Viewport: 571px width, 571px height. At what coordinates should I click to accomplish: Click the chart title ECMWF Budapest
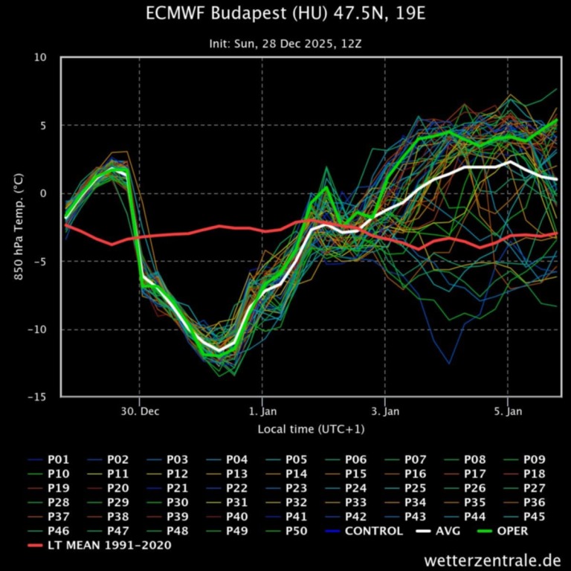coord(285,15)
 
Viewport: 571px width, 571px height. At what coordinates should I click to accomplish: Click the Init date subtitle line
coord(285,44)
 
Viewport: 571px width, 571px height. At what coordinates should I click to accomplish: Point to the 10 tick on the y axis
coord(40,57)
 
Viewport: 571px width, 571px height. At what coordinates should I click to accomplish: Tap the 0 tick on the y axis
coord(43,193)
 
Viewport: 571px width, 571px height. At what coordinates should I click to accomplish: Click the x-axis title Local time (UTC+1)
coord(311,429)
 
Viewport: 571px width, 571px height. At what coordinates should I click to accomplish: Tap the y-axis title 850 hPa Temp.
coord(17,227)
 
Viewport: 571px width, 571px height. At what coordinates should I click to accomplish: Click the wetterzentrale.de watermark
coord(492,559)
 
